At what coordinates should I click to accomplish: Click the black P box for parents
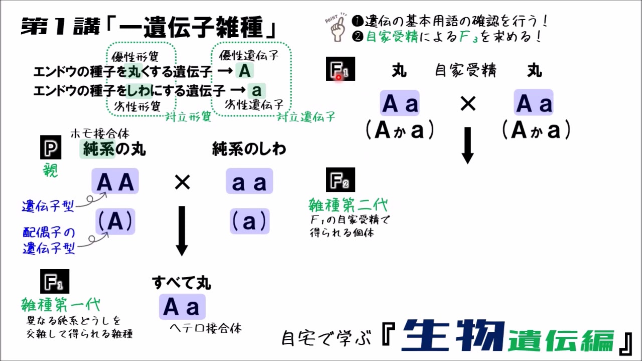tap(51, 147)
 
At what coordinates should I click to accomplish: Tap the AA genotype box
tap(115, 181)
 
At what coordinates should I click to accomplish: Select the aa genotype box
tap(249, 181)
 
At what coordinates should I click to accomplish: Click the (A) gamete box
tap(115, 222)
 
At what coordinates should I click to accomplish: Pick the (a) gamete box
tap(250, 222)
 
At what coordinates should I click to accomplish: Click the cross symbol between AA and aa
tap(182, 183)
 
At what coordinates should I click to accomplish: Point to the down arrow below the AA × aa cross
tap(182, 231)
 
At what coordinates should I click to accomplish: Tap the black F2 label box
tap(341, 180)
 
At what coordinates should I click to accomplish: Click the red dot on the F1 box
tap(339, 77)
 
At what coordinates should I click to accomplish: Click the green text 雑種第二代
tap(348, 205)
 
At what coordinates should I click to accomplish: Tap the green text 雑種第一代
tap(61, 304)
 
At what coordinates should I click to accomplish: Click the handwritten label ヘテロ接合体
tap(206, 328)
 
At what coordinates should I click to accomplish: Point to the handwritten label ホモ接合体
tap(100, 133)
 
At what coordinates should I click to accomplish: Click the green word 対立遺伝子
tap(306, 117)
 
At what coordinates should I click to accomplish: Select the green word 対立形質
tap(188, 117)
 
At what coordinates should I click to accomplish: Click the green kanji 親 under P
tap(51, 170)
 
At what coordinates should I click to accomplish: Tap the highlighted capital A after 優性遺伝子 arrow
tap(244, 71)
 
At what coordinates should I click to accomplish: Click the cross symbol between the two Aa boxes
tap(468, 104)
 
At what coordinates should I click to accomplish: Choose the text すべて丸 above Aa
tap(182, 283)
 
